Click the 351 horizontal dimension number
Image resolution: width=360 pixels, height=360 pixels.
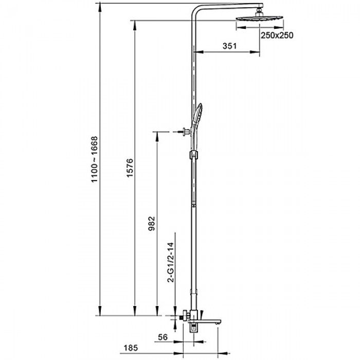click(x=229, y=46)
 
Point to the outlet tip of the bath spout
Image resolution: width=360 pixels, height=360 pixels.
click(x=221, y=322)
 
